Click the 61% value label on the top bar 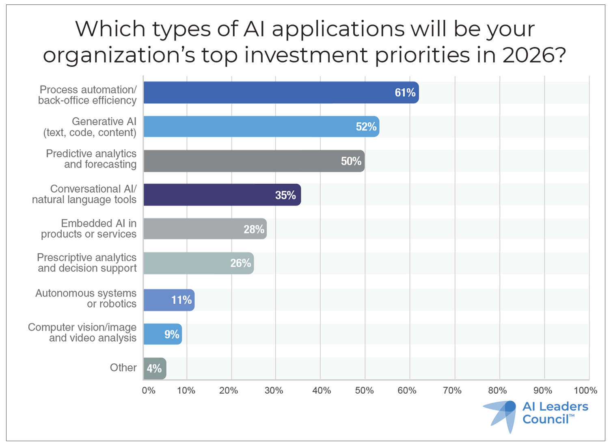click(405, 93)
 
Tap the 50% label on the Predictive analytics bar click(351, 161)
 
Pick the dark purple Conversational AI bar click(222, 195)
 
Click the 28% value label click(254, 229)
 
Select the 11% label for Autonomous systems click(181, 300)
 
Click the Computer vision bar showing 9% click(162, 334)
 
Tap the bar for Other click(154, 369)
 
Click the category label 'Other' click(123, 368)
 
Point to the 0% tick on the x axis click(148, 390)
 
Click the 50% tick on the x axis click(364, 390)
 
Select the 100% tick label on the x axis click(585, 390)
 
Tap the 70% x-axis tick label click(452, 390)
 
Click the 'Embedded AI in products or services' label click(89, 229)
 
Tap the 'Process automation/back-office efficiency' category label click(87, 95)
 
